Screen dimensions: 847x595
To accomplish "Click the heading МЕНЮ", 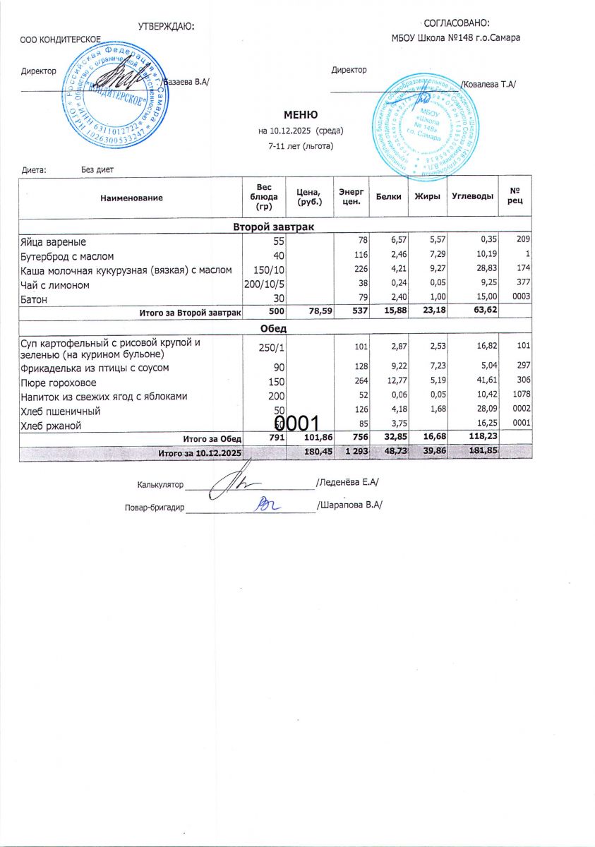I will (x=301, y=115).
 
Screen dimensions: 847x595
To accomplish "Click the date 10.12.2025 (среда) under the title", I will (x=301, y=131).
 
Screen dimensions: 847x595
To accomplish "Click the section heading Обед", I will (x=275, y=328).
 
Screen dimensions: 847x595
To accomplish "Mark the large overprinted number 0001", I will (x=298, y=423).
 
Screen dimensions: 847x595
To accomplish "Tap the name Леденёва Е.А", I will (x=347, y=483).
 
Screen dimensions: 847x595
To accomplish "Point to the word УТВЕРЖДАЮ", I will (x=166, y=26).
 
